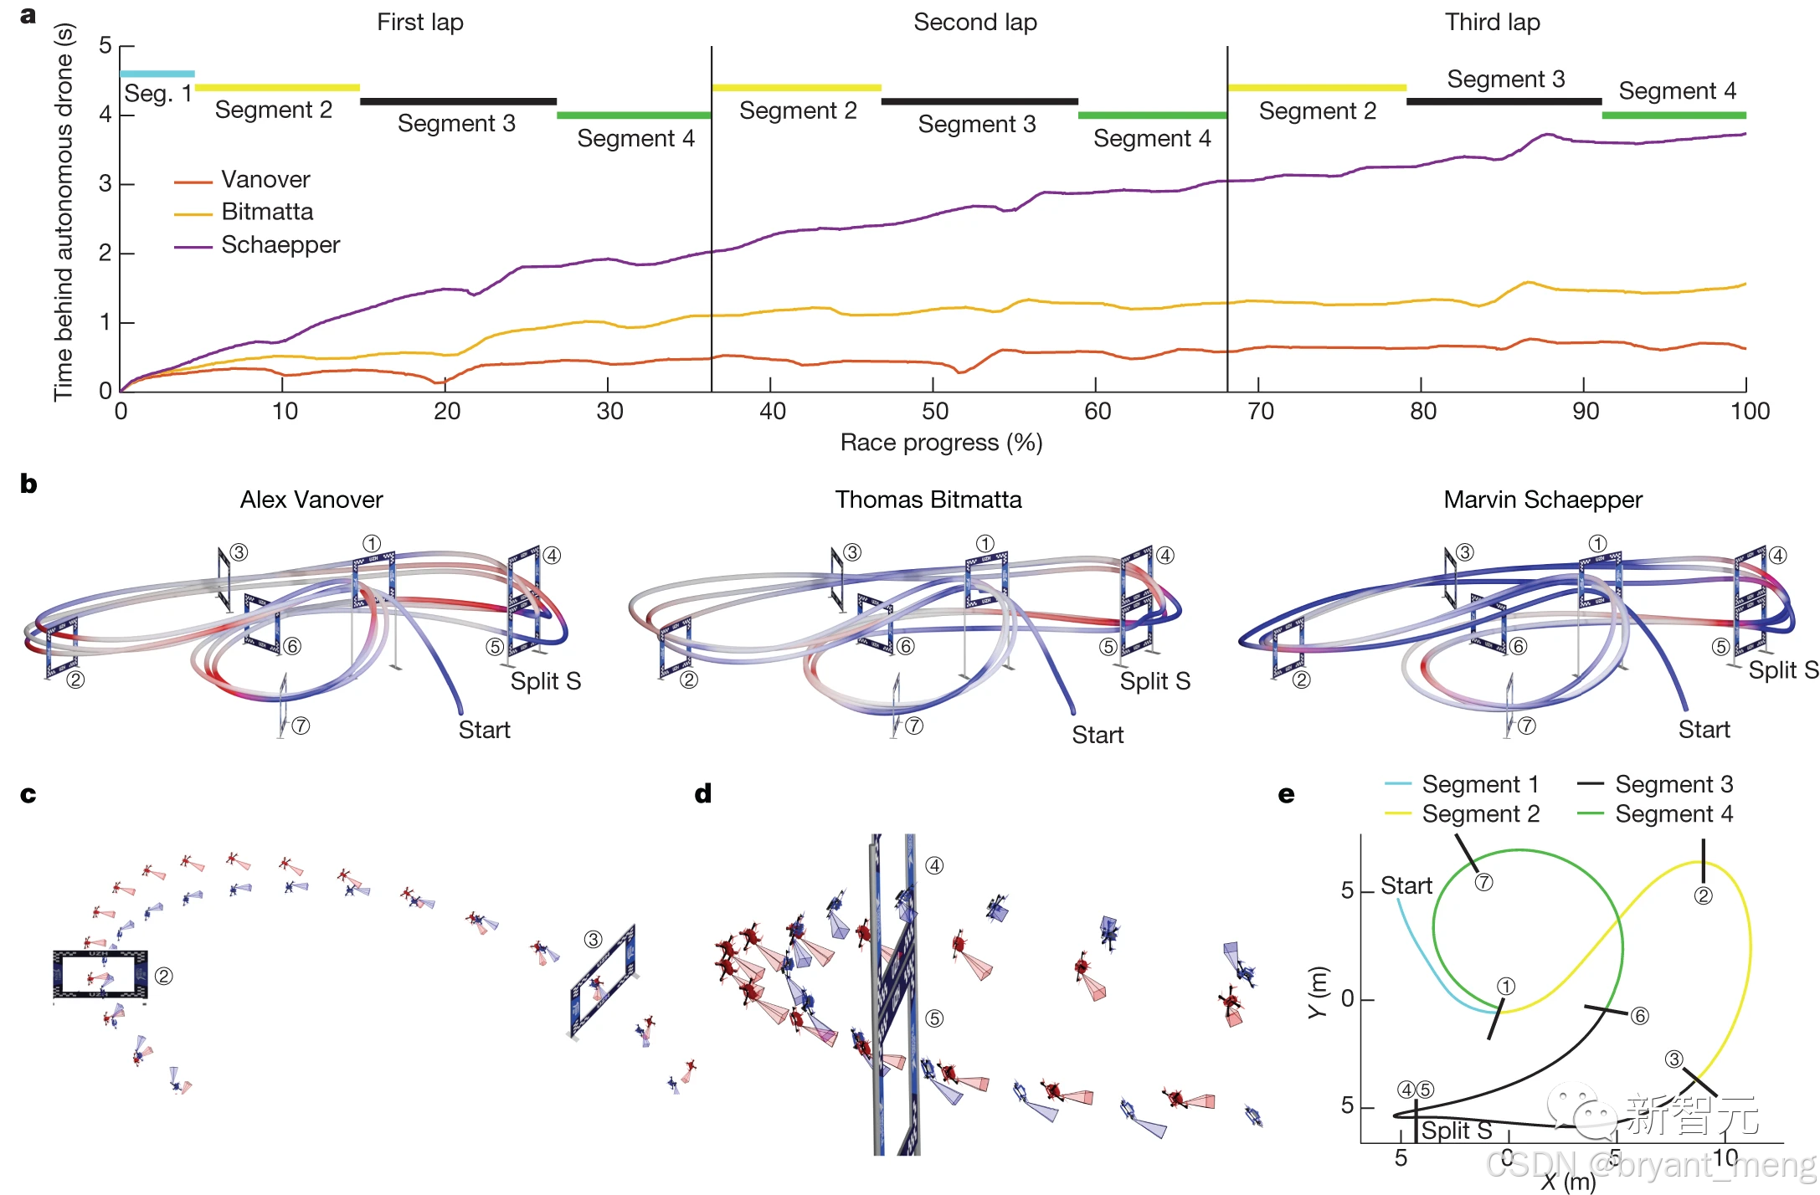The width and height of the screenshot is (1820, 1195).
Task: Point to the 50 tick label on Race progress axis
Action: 934,412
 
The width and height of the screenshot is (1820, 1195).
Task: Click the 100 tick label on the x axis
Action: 1750,412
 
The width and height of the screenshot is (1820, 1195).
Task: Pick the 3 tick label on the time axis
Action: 105,184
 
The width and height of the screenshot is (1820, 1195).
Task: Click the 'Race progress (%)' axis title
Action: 941,443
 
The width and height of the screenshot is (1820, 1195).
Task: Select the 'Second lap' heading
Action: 974,23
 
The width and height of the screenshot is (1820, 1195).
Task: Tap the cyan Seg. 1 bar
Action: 157,74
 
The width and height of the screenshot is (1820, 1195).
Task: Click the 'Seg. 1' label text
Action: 157,94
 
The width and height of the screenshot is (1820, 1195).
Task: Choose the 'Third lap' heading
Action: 1492,23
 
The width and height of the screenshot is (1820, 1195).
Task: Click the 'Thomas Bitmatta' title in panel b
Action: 928,500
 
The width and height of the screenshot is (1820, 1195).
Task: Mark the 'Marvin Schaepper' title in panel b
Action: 1542,500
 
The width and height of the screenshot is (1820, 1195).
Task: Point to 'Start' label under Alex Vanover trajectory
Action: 484,731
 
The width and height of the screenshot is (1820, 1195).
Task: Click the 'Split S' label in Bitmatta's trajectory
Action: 1154,682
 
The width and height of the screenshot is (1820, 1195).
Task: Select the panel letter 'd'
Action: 703,794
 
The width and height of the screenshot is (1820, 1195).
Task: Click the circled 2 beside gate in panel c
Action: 164,977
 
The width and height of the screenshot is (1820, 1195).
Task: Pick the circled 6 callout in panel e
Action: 1639,1016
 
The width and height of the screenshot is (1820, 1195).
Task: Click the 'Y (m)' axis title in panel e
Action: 1318,992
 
